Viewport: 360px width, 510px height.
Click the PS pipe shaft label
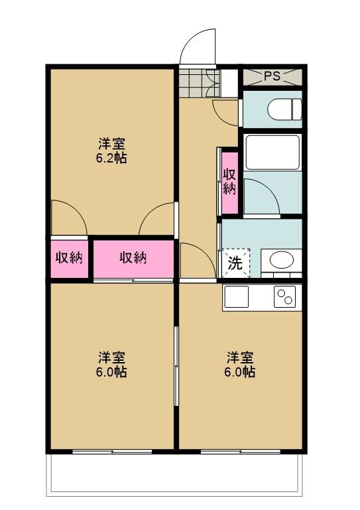tap(272, 76)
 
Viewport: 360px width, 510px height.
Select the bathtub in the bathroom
tap(272, 152)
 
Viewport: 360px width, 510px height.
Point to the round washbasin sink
tap(282, 261)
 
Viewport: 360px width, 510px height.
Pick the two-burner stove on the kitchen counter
tap(286, 296)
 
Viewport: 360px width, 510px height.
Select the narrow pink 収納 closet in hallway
tap(229, 182)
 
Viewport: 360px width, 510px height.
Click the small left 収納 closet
tap(68, 258)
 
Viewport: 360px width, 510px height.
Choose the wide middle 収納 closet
tap(133, 258)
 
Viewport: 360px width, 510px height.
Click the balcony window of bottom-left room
tap(112, 452)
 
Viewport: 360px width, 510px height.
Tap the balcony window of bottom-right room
tap(240, 452)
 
